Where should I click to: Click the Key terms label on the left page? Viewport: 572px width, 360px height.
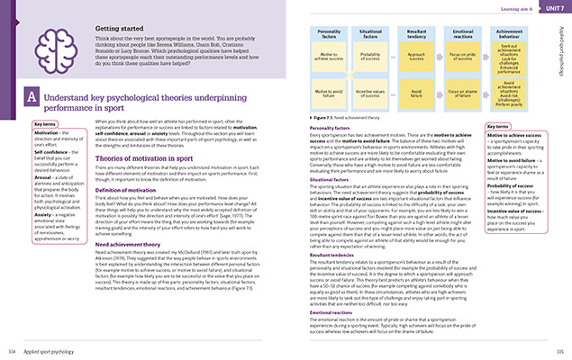tap(45, 123)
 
